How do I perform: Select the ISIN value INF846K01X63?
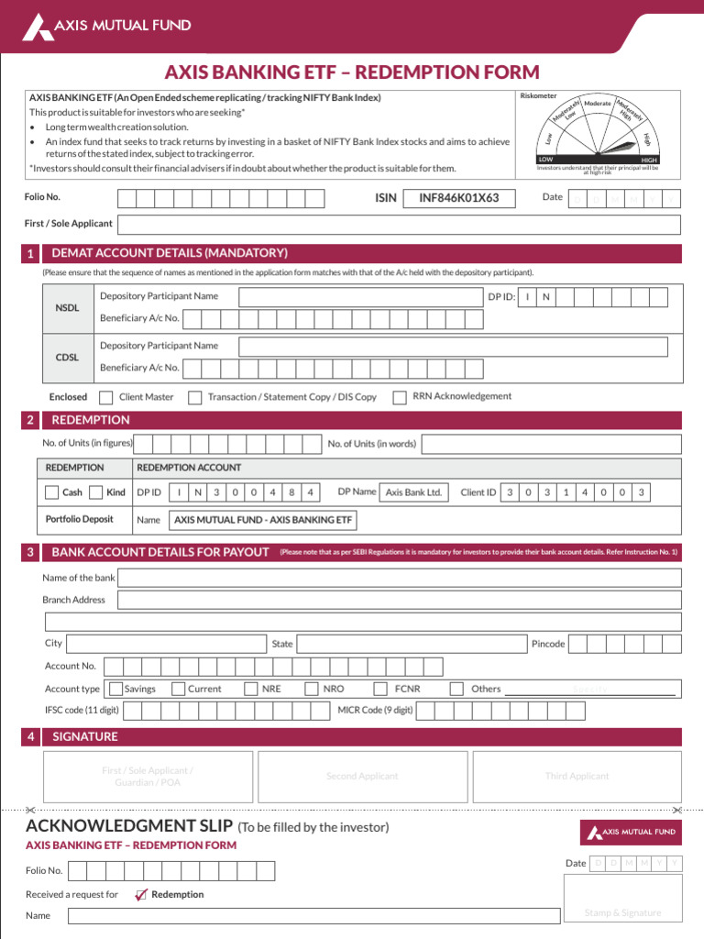[458, 198]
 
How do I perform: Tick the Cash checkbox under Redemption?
[52, 492]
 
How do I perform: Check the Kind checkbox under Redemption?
[95, 492]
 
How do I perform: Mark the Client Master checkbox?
[105, 397]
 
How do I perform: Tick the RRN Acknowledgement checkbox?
[399, 397]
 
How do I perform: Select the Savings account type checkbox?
[115, 689]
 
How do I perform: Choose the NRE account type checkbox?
[251, 689]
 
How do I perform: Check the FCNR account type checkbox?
[380, 689]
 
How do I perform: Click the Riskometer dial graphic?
[598, 133]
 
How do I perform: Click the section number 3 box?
[31, 552]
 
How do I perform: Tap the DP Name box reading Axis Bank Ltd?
[414, 492]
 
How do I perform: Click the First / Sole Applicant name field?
[399, 225]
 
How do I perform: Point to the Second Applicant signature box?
[362, 777]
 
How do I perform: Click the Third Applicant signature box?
[577, 777]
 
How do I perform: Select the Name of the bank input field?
[399, 578]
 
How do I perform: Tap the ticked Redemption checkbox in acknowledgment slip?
[140, 895]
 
